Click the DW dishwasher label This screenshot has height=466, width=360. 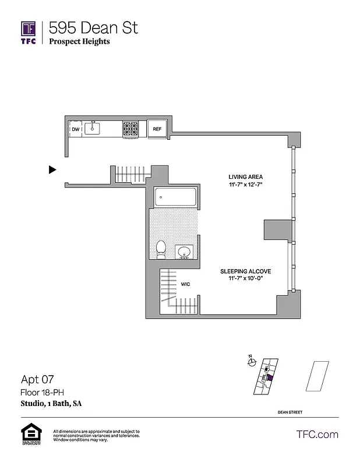click(76, 129)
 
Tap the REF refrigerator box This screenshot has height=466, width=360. click(157, 129)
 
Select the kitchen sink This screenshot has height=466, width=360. click(93, 129)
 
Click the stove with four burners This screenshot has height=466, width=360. click(130, 129)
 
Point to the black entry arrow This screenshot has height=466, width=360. click(52, 170)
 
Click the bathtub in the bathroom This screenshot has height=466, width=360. click(176, 197)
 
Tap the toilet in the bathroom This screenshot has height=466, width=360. click(161, 249)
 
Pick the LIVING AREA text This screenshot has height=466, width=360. click(245, 176)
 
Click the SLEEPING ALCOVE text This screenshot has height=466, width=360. click(245, 271)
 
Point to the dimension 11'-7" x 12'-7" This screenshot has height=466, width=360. click(245, 185)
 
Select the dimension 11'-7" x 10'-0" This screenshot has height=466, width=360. click(245, 280)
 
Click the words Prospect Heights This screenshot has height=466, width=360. click(79, 41)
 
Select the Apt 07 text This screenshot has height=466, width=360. click(38, 380)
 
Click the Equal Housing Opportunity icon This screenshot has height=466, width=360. click(30, 434)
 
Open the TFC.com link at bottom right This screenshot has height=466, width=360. click(317, 435)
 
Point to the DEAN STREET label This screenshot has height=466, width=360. click(291, 412)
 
